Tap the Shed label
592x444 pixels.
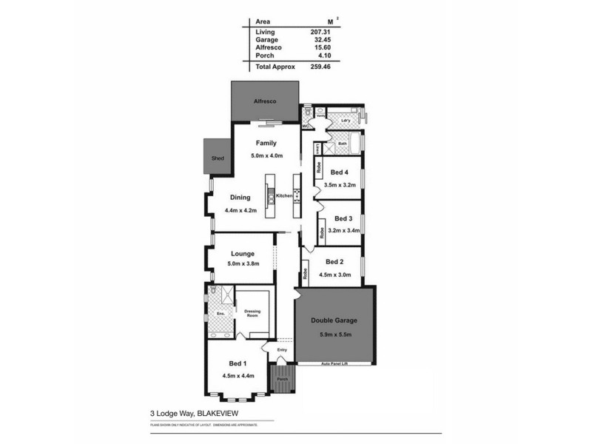pyautogui.click(x=218, y=158)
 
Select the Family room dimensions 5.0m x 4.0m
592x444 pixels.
pyautogui.click(x=266, y=156)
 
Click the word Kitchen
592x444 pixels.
pyautogui.click(x=285, y=195)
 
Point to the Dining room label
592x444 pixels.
pyautogui.click(x=240, y=198)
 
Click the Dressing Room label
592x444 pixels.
pyautogui.click(x=252, y=313)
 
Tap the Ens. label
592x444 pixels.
pyautogui.click(x=220, y=314)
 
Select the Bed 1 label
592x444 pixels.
pyautogui.click(x=238, y=363)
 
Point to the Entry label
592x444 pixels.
pyautogui.click(x=281, y=350)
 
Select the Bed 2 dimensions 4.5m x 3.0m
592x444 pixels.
pyautogui.click(x=334, y=273)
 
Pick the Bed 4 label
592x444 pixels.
pyautogui.click(x=340, y=173)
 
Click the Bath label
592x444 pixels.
pyautogui.click(x=332, y=144)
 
